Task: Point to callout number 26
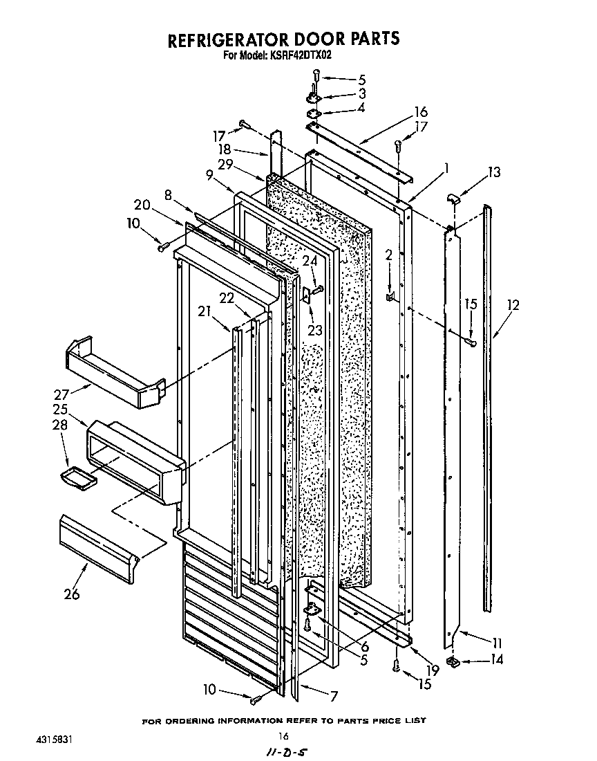(72, 593)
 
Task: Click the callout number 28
(61, 425)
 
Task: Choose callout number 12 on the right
(512, 304)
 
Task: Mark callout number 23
(315, 330)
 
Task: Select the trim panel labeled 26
(100, 542)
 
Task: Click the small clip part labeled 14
(453, 663)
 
